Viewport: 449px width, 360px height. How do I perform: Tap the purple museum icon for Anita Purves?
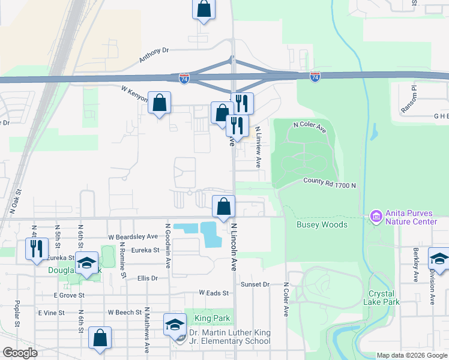click(x=376, y=215)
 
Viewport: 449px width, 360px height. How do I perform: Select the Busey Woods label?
click(x=322, y=224)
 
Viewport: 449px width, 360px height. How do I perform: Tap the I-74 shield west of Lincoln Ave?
click(x=184, y=79)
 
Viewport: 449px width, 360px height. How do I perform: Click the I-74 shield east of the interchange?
click(x=315, y=77)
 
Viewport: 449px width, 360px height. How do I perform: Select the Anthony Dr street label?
click(x=154, y=56)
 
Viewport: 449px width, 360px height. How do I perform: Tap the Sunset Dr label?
click(x=253, y=283)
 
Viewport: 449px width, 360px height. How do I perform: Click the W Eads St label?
click(x=214, y=293)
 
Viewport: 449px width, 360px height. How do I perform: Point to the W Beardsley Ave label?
click(x=133, y=236)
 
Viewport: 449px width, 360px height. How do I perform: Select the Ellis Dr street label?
click(x=146, y=278)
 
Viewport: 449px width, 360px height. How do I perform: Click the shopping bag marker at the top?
click(x=203, y=10)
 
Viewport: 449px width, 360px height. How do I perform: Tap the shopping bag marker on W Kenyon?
click(x=159, y=103)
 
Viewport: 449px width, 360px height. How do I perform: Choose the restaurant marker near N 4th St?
click(x=36, y=248)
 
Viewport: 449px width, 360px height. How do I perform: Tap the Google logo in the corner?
click(x=20, y=352)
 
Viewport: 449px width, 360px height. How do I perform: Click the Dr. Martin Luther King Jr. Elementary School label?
click(x=229, y=337)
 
